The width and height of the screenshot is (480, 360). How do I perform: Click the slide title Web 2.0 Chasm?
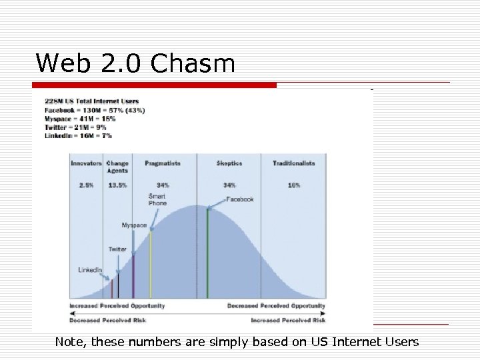click(x=135, y=63)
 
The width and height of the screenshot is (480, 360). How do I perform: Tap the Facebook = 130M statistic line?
click(x=95, y=110)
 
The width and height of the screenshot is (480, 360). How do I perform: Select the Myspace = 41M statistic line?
click(x=80, y=119)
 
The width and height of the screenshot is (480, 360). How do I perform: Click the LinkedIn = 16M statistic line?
click(x=78, y=136)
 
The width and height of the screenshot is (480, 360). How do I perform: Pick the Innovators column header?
click(x=86, y=163)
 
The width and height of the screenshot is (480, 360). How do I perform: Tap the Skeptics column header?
click(x=229, y=163)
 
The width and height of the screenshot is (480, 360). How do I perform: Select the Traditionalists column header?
click(x=293, y=163)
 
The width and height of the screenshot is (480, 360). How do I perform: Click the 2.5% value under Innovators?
click(x=86, y=185)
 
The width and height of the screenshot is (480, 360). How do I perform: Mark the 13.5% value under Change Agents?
click(x=117, y=185)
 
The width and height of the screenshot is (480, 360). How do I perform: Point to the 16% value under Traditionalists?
click(x=294, y=185)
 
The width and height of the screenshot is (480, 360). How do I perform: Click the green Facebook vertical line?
click(x=208, y=253)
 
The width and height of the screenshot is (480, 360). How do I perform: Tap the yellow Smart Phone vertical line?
click(x=151, y=264)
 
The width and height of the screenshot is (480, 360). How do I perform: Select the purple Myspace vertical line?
click(x=133, y=276)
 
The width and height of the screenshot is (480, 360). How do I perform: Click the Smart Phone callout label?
click(x=157, y=199)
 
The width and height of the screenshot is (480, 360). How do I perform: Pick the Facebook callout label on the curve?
click(x=240, y=199)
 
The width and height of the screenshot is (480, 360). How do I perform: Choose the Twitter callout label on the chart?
click(x=117, y=249)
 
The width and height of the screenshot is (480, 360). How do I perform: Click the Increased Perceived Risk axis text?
click(x=288, y=320)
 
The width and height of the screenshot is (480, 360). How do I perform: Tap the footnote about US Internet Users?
click(x=237, y=342)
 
